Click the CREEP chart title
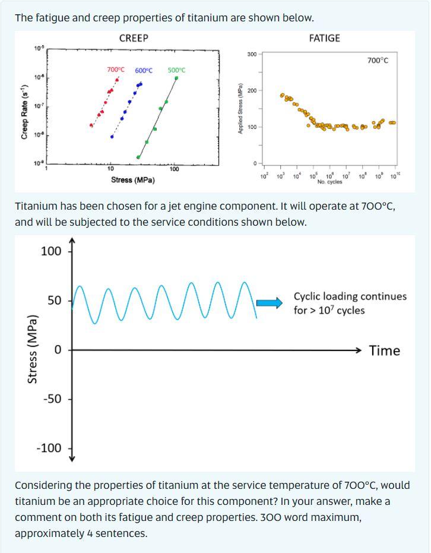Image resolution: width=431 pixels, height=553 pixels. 134,38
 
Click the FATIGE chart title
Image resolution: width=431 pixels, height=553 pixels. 325,38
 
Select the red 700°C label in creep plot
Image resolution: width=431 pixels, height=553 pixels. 116,69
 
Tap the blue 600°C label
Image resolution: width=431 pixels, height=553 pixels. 144,71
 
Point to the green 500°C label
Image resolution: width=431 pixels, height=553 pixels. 176,70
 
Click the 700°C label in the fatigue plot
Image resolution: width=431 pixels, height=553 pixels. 378,61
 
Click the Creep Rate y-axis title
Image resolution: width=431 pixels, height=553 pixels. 24,112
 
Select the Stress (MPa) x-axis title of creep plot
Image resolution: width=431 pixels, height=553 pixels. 133,180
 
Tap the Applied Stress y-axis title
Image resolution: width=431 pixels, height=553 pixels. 240,110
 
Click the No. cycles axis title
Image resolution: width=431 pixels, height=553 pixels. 329,182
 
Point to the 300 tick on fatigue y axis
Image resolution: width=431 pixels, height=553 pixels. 251,55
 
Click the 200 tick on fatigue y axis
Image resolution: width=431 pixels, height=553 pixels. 251,90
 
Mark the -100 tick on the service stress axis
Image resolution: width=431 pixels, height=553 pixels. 49,448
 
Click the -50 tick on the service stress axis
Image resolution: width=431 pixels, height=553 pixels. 52,399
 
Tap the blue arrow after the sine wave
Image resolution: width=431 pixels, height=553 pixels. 270,304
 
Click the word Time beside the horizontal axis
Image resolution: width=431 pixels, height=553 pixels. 384,350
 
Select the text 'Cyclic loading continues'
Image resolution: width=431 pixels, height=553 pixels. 350,296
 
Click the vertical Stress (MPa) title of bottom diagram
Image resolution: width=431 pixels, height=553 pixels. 33,349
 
